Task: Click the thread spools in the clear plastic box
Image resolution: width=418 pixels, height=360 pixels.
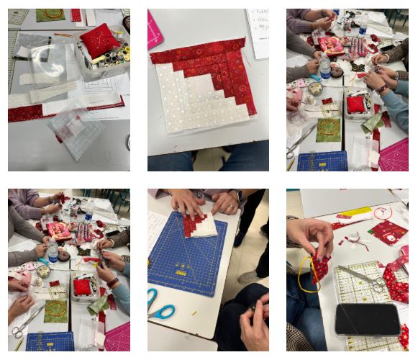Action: [x=115, y=55]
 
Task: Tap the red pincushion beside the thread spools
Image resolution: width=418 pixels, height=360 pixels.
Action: [x=99, y=40]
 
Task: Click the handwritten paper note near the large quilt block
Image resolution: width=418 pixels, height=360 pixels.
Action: [x=259, y=32]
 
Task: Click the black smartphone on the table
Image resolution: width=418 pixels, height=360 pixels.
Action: [x=368, y=320]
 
